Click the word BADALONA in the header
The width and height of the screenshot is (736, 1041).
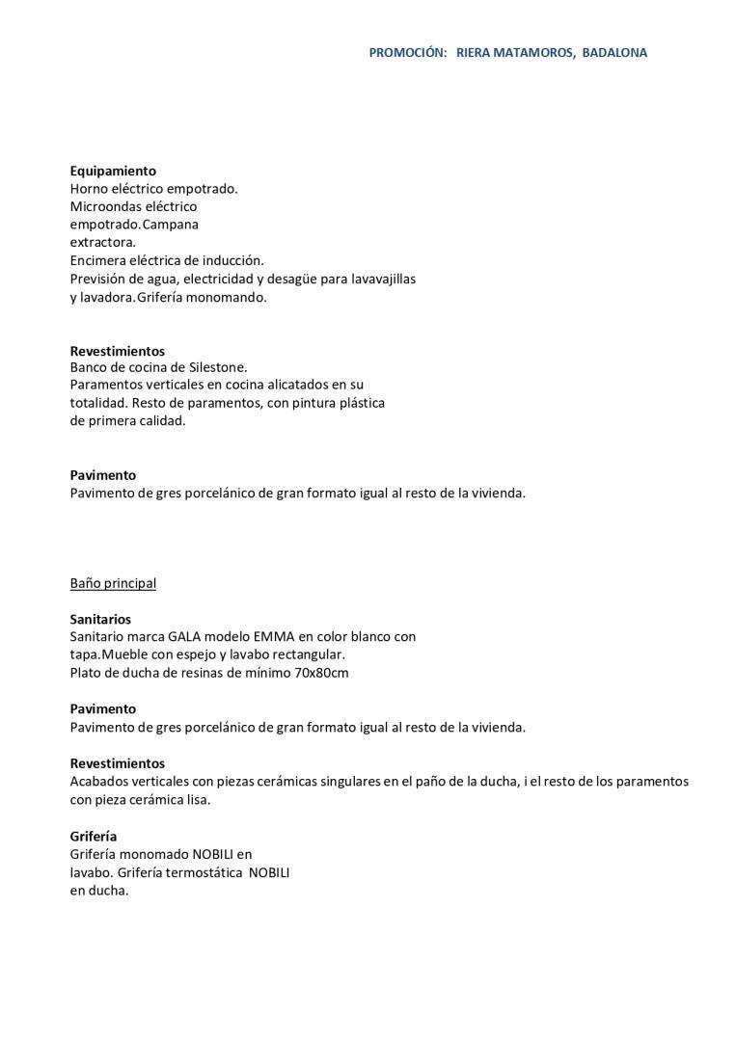point(614,53)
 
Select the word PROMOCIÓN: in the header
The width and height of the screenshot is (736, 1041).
point(407,53)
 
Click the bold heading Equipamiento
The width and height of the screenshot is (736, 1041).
point(113,171)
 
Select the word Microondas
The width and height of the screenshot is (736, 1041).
point(105,206)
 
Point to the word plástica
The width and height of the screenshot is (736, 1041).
point(355,403)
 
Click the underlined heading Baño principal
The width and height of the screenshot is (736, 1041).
point(113,583)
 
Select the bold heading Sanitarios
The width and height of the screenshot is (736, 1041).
point(100,619)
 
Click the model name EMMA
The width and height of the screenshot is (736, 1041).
point(273,637)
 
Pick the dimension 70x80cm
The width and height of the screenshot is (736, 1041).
point(321,673)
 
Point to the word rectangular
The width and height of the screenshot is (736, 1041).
point(304,655)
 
